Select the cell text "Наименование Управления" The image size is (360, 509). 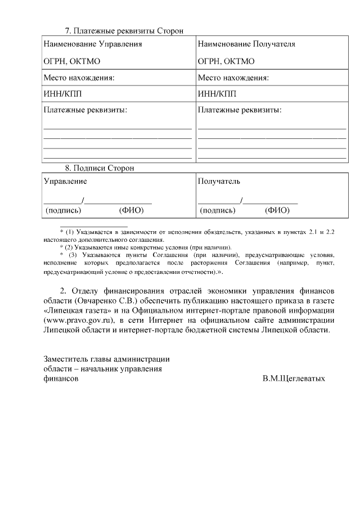[93, 44]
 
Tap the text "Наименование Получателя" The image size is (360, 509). [246, 44]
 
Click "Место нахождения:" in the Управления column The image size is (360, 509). [79, 77]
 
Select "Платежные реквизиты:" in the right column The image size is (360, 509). [240, 110]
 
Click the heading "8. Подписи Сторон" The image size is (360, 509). [100, 168]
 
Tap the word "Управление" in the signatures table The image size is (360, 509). [65, 181]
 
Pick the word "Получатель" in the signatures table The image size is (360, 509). [219, 181]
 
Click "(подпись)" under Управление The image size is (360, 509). [63, 210]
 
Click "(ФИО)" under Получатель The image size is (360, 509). [277, 210]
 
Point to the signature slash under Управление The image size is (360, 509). [83, 201]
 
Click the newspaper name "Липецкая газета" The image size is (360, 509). [76, 310]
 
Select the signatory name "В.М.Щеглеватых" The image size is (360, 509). [293, 379]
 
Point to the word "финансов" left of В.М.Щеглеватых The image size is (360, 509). [61, 379]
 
